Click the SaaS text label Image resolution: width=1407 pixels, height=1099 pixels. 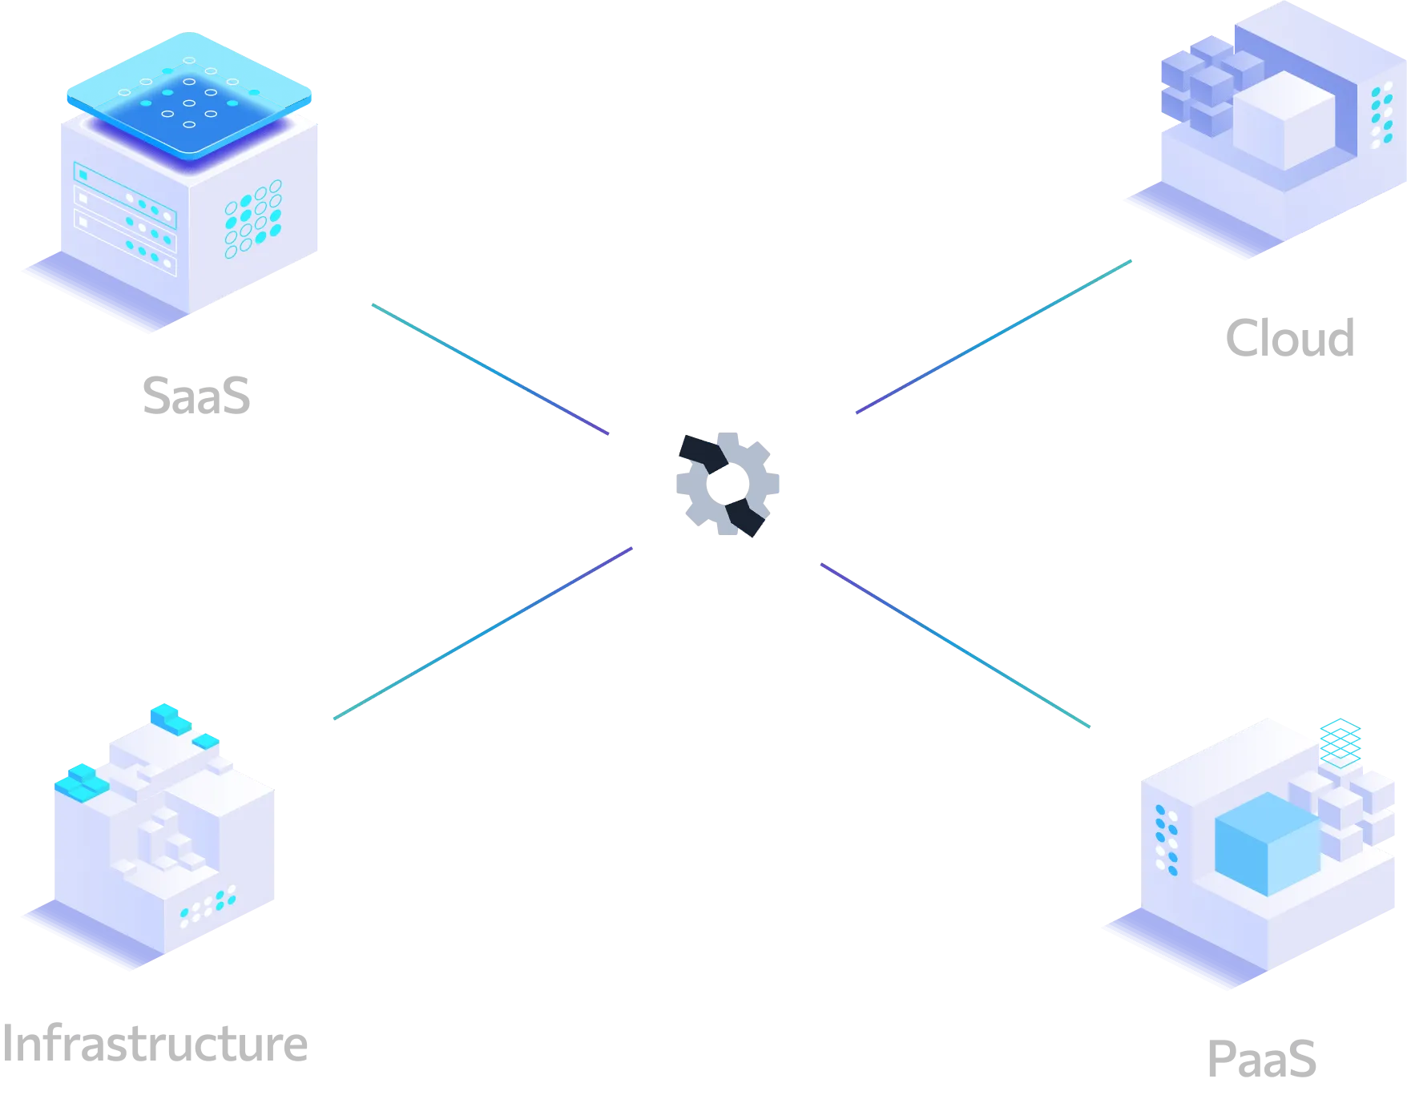196,393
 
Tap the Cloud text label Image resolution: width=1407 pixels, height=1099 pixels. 1291,336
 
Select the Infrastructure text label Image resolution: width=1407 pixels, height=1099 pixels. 152,1044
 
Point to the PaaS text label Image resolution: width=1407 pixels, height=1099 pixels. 1261,1058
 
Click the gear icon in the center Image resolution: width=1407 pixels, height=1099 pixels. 726,483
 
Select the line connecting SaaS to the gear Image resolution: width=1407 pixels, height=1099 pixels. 490,369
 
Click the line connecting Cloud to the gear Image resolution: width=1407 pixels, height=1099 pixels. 994,336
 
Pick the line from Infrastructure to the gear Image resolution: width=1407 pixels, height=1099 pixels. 481,634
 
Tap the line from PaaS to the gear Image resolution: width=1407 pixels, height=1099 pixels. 955,646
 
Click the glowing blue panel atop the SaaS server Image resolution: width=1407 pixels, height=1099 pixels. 189,94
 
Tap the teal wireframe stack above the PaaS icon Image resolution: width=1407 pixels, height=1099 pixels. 1341,740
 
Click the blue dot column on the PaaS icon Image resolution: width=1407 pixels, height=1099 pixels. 1166,840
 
